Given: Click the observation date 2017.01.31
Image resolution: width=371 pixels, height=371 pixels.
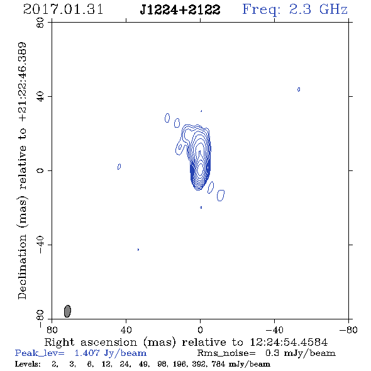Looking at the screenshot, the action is [x=63, y=9].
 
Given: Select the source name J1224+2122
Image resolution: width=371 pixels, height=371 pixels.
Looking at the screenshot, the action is [x=180, y=9].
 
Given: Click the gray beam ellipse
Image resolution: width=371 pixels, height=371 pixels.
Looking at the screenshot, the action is [x=67, y=311].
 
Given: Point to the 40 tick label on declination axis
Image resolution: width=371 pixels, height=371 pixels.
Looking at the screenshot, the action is [x=40, y=96].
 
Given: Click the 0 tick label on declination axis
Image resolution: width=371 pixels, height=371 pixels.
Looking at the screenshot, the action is [x=40, y=170].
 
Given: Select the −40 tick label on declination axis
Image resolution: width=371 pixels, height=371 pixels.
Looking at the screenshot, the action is [x=40, y=245].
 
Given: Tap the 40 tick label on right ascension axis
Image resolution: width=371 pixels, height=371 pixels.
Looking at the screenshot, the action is [x=126, y=330].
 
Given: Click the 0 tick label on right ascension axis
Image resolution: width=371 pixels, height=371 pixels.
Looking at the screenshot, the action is [x=200, y=330].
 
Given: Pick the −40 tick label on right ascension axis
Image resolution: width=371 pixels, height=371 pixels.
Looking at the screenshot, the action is [x=274, y=330].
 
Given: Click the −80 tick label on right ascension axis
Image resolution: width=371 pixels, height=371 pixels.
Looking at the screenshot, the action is [x=348, y=330].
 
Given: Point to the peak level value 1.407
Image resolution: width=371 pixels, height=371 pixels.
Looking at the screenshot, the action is [x=87, y=353].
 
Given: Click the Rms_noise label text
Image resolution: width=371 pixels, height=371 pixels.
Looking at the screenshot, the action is [x=226, y=353].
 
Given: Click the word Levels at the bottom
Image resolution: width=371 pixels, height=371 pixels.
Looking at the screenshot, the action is [x=28, y=363].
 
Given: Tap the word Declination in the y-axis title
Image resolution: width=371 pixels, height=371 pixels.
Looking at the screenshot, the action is [x=22, y=267].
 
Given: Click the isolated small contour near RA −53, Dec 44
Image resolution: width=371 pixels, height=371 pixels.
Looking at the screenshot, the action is [x=299, y=89].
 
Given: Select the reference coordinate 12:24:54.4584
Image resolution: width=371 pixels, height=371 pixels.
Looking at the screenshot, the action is [x=289, y=342].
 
